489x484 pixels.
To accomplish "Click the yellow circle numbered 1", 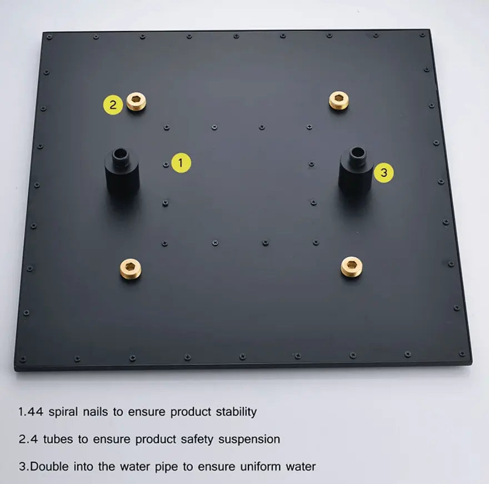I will click(181, 163).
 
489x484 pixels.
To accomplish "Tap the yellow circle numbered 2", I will click(113, 104).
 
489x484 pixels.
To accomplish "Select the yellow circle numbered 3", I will click(383, 172).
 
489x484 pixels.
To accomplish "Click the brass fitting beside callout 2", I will click(136, 101).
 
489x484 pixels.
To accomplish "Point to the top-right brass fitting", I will click(338, 100).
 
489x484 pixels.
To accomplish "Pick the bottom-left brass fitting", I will click(131, 270).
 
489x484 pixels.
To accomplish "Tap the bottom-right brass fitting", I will click(351, 267).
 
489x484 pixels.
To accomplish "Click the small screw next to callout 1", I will click(166, 164).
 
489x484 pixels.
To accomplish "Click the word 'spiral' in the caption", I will click(64, 412).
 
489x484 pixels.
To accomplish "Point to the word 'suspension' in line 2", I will click(249, 439).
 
